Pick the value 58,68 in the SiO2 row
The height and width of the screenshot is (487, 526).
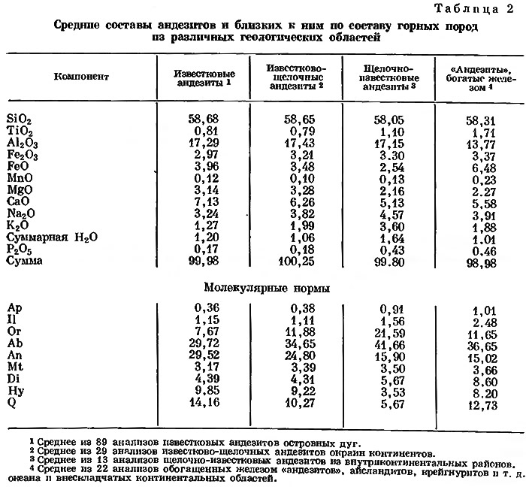(x=199, y=119)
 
